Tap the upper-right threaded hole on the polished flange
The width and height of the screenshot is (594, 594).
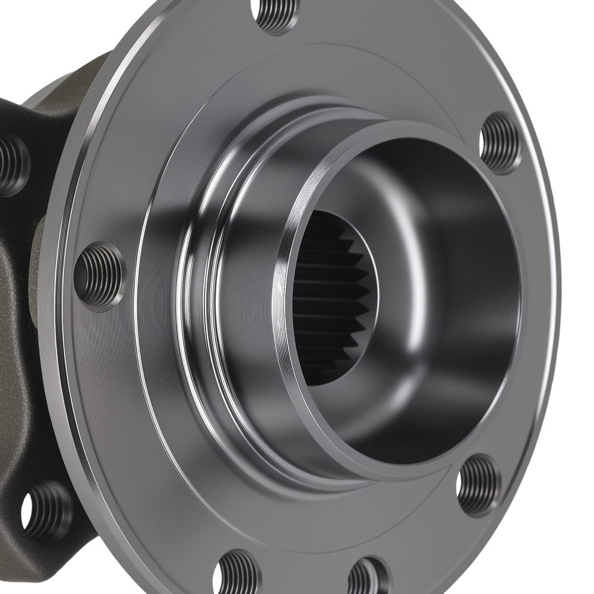tap(500, 143)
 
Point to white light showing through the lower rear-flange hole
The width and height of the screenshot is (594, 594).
tap(27, 511)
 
